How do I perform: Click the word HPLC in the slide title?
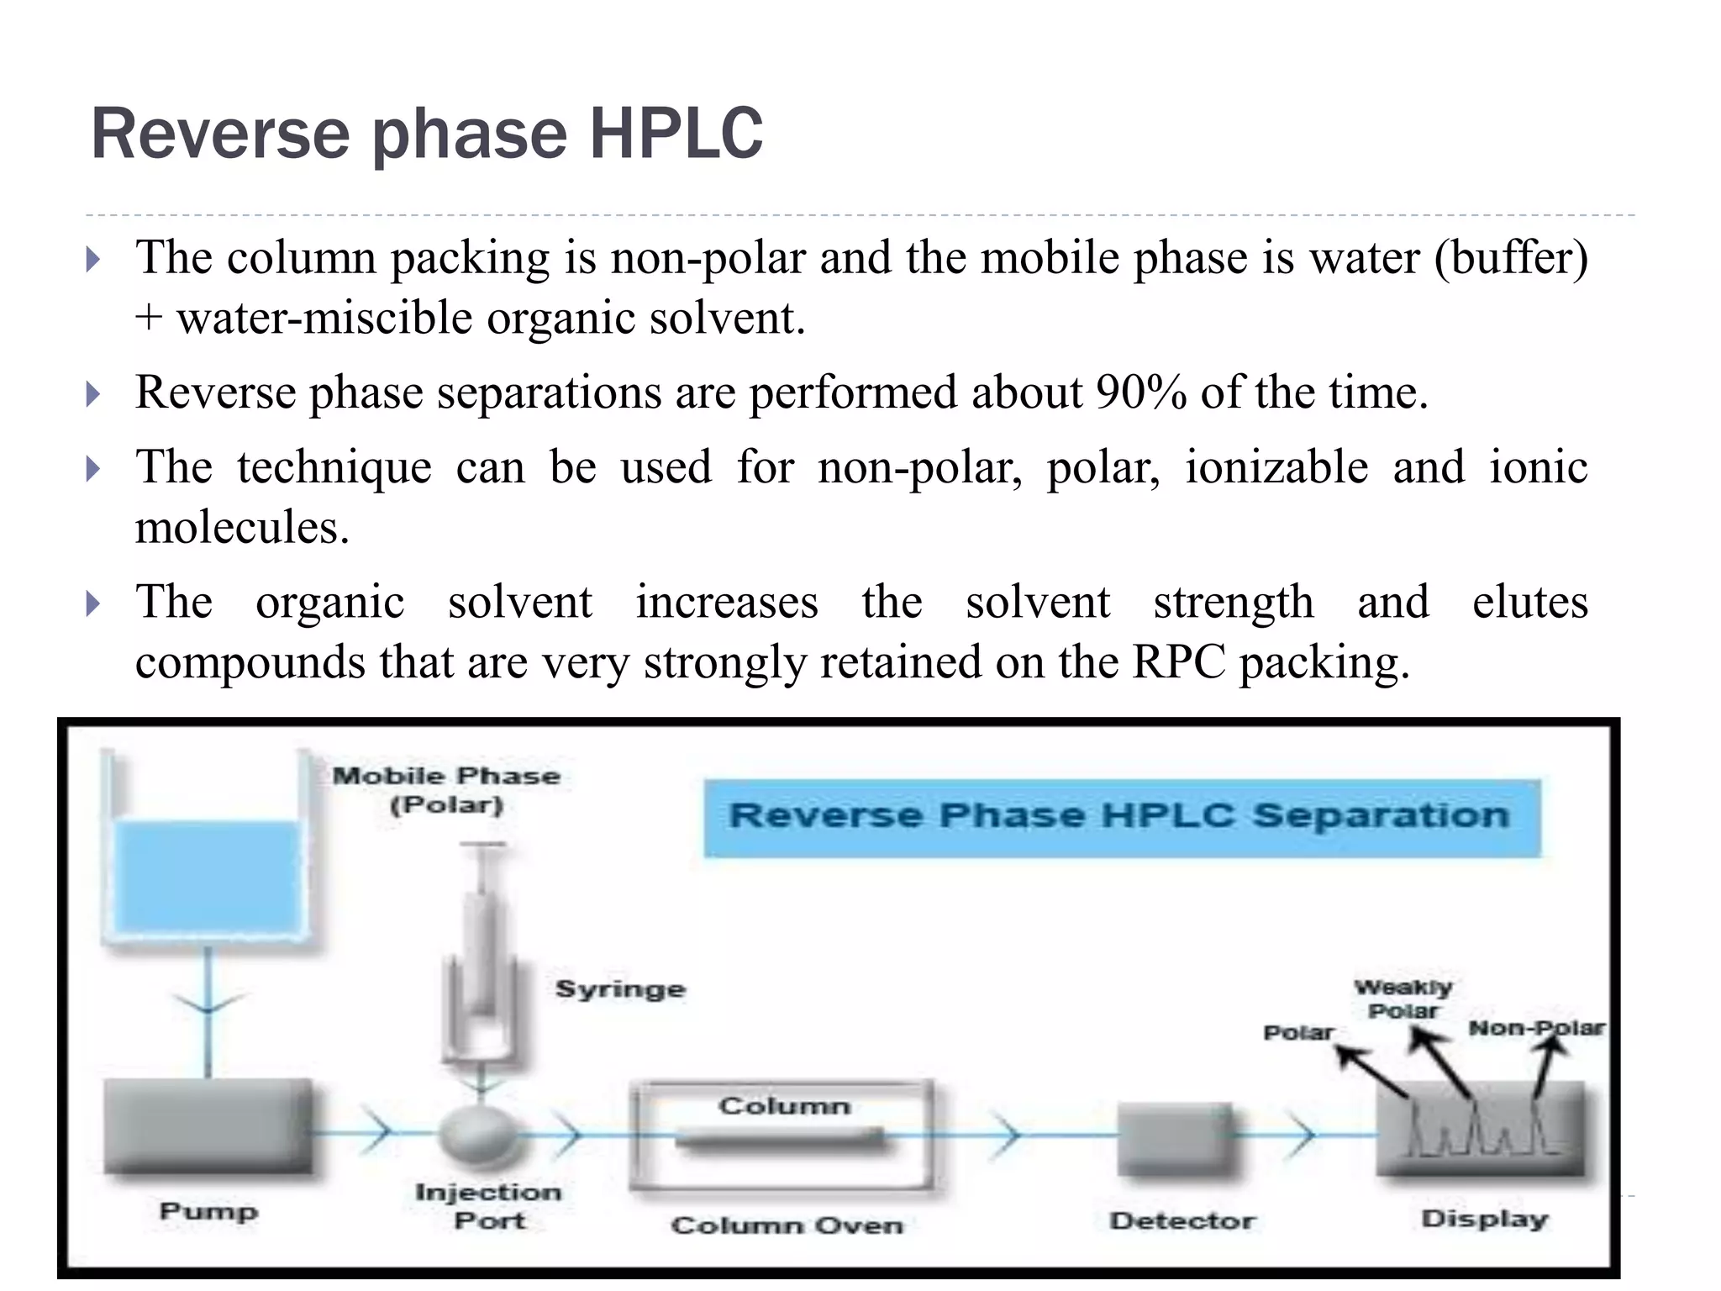[x=676, y=134]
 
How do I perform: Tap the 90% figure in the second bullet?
[x=1140, y=393]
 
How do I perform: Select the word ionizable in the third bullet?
[x=1276, y=467]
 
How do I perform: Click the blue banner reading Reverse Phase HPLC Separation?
[x=1121, y=817]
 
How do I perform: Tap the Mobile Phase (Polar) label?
[x=446, y=790]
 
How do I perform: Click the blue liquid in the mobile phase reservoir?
[x=207, y=877]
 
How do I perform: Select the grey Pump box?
[x=208, y=1126]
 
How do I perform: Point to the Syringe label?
[x=620, y=989]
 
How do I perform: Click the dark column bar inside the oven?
[x=780, y=1140]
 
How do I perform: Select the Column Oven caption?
[x=787, y=1225]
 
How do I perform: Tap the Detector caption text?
[x=1182, y=1220]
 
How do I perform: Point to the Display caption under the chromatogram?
[x=1484, y=1219]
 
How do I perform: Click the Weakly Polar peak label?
[x=1403, y=999]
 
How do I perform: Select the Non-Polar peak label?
[x=1536, y=1028]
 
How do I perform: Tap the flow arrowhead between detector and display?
[x=1303, y=1135]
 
